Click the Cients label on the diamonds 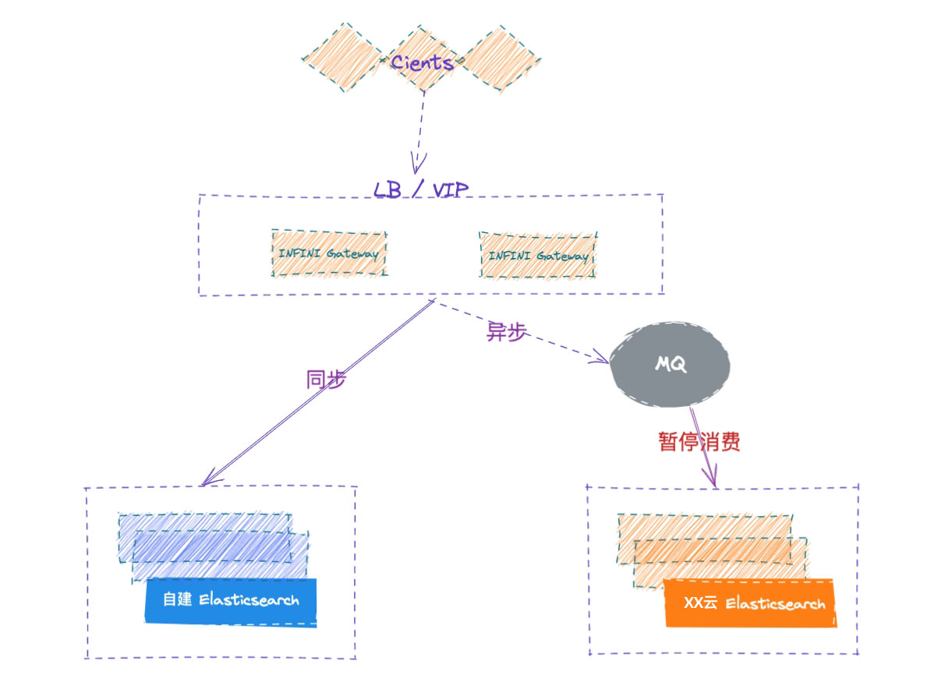tap(423, 63)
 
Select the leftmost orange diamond tap(344, 58)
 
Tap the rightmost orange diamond tap(501, 58)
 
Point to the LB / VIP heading tap(421, 189)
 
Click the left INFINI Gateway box tap(330, 253)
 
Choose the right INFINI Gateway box tap(538, 256)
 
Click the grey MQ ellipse tap(670, 364)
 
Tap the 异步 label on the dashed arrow tap(506, 331)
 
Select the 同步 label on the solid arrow tap(326, 379)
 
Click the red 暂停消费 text tap(699, 441)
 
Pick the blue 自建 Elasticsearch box tap(231, 602)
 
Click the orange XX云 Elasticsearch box tap(749, 603)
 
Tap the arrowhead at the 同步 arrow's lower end tap(211, 478)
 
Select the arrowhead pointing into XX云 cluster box tap(711, 476)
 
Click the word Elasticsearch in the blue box tap(249, 599)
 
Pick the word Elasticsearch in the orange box tap(775, 604)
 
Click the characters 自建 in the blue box tap(177, 599)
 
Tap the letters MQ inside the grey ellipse tap(671, 364)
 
